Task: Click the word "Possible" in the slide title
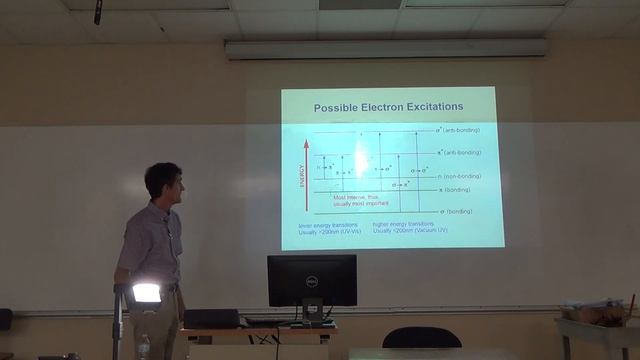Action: coord(339,107)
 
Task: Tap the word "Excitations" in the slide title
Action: coord(428,107)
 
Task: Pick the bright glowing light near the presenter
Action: coord(146,293)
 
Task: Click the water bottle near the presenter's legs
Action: coord(143,347)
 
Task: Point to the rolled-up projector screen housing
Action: coord(386,47)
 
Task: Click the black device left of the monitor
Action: coord(211,318)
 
